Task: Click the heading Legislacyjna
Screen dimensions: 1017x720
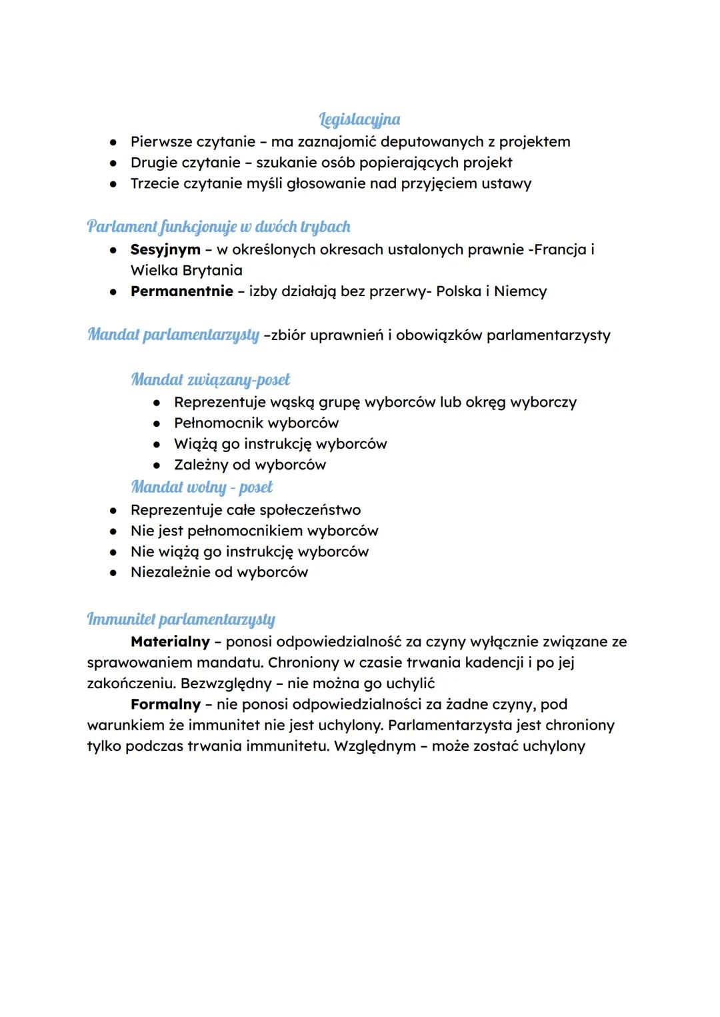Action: [359, 120]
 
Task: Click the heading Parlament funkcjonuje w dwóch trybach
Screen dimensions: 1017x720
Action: [219, 227]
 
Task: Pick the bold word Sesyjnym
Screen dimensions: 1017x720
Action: [165, 249]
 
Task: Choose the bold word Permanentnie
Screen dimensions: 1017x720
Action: [182, 291]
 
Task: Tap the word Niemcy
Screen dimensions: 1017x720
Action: [520, 291]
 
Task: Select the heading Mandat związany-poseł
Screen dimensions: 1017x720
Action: [211, 380]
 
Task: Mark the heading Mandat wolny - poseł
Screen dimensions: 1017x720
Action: [202, 487]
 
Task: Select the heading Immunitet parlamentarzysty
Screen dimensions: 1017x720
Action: [181, 620]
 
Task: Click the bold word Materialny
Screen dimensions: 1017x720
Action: [170, 642]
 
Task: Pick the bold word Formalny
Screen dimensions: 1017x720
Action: [165, 704]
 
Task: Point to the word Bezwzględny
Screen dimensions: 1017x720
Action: [226, 684]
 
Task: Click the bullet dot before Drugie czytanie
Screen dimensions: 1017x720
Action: [114, 163]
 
